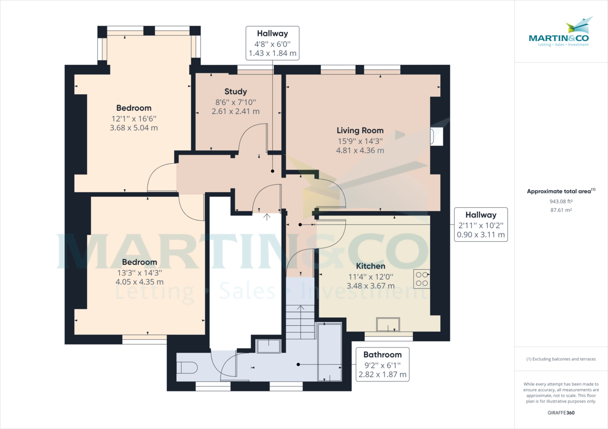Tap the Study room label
(x=236, y=92)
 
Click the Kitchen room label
(x=370, y=266)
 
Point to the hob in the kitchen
(x=422, y=279)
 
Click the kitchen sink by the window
(x=388, y=324)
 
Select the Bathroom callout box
(x=382, y=364)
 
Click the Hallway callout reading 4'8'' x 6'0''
(x=272, y=43)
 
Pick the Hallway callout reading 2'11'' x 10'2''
(x=480, y=225)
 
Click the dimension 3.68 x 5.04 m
(x=134, y=128)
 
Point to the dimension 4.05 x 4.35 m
(x=139, y=282)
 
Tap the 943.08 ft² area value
(x=561, y=201)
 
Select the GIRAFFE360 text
(x=561, y=413)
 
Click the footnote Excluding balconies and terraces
(x=561, y=359)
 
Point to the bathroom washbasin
(x=269, y=346)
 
